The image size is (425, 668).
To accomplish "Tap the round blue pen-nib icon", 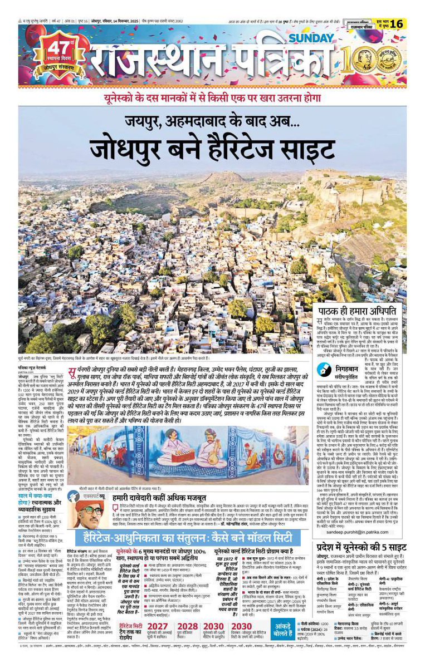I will click(325, 369).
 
